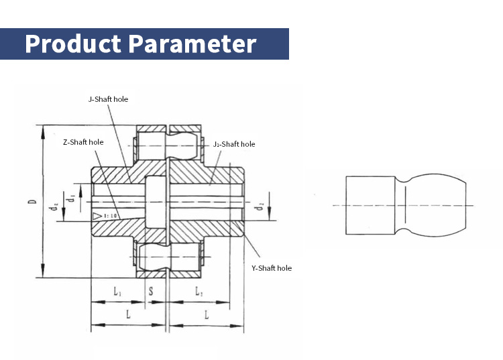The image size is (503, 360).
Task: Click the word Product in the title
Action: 73,44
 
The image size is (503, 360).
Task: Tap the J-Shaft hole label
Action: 108,99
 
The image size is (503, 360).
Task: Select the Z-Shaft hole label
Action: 83,142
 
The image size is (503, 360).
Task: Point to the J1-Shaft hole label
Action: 233,144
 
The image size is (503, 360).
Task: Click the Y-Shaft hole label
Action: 272,268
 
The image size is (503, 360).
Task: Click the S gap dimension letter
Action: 150,292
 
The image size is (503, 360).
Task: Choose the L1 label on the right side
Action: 199,292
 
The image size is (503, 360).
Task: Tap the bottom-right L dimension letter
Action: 206,314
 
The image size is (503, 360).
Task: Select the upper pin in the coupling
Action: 168,142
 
